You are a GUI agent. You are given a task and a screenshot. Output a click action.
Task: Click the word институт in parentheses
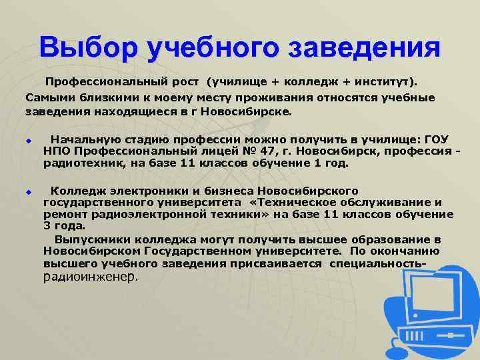(382, 83)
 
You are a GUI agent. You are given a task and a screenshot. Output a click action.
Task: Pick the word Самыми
(50, 97)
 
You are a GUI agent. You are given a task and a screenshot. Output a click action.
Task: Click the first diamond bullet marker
(29, 141)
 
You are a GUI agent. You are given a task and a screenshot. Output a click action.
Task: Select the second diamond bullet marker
(29, 192)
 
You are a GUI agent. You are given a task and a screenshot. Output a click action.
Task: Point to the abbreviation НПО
(57, 151)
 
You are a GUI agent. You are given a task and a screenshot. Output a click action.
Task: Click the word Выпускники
(91, 239)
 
